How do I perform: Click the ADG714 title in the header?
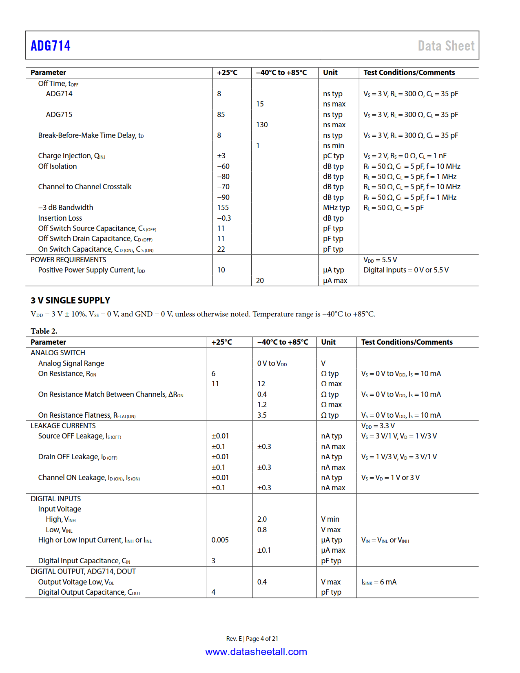tap(51, 46)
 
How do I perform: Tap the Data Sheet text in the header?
tap(446, 46)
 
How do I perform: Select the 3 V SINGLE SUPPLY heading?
tap(70, 300)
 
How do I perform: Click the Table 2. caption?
tap(44, 331)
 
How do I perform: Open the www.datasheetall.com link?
tap(256, 651)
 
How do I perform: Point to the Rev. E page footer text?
tap(252, 638)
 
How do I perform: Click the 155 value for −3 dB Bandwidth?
tap(223, 208)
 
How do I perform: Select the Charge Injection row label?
tap(72, 156)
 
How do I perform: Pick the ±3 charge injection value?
tap(221, 156)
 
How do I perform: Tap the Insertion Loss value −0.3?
tap(224, 218)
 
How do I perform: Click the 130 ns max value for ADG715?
tap(262, 125)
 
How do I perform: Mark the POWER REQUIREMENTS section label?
tap(68, 260)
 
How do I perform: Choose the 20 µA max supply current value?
tap(260, 281)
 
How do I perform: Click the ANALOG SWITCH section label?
tap(58, 353)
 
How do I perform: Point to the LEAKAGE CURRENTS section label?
tap(63, 426)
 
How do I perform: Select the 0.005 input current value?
tap(220, 540)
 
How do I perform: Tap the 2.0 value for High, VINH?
tap(262, 519)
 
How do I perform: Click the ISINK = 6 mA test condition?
tap(378, 582)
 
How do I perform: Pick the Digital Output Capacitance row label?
tap(89, 592)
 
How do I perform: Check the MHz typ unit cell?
tap(336, 208)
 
